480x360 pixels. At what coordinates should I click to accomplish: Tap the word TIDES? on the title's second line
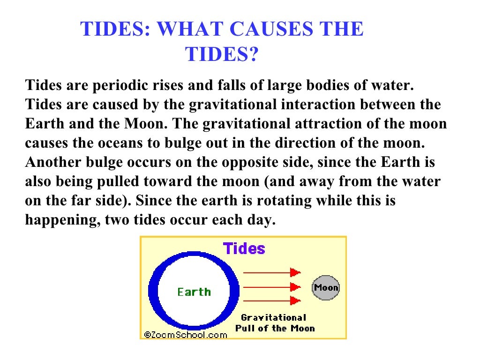(x=222, y=54)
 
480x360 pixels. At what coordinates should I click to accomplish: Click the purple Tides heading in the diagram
(x=244, y=248)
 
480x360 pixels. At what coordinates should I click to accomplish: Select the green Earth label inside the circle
(x=194, y=292)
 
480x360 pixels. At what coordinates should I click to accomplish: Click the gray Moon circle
(x=326, y=288)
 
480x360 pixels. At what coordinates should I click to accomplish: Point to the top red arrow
(x=271, y=272)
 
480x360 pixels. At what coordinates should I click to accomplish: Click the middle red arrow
(x=271, y=286)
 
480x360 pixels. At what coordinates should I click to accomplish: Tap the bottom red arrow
(x=271, y=300)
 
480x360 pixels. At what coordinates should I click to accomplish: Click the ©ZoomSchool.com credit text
(x=186, y=335)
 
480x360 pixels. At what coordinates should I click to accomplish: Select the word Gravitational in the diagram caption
(x=273, y=317)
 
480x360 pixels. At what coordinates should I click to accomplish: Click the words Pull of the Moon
(x=275, y=328)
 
